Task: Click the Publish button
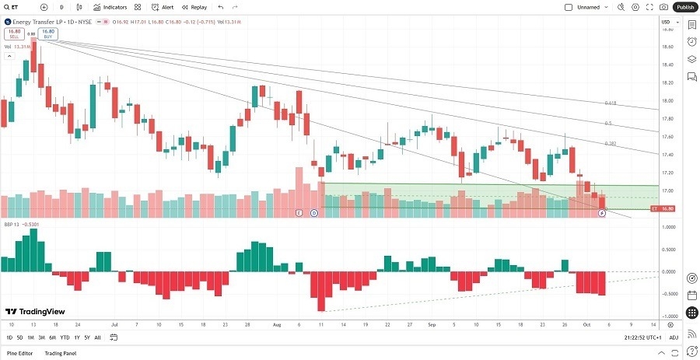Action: point(684,7)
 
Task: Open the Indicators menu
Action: point(110,7)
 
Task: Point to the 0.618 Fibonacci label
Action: point(611,103)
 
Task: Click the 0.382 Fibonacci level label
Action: point(611,144)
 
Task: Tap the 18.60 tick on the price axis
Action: point(667,47)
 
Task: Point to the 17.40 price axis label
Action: point(667,155)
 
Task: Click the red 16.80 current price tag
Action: point(667,208)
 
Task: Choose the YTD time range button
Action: point(65,337)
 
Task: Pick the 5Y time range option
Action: point(86,337)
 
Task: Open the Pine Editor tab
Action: point(19,353)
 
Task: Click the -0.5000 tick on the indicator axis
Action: point(667,294)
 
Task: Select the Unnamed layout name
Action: point(589,7)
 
